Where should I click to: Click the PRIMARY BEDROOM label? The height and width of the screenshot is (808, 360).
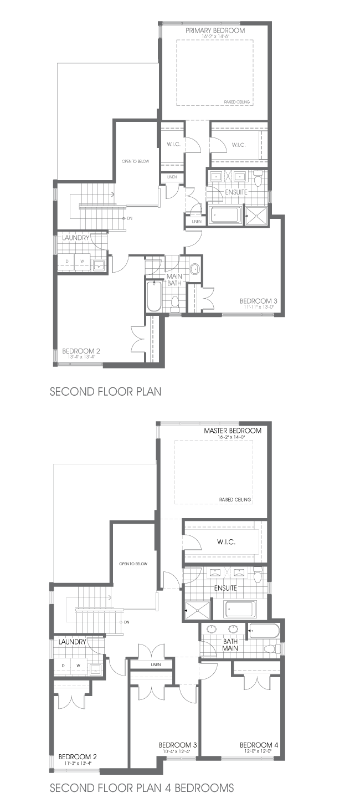coord(215,30)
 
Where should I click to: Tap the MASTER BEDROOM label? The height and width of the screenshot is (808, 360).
coord(233,431)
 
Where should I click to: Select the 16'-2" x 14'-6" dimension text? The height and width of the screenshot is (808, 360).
coord(215,37)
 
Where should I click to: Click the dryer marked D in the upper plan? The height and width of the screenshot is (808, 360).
coord(66,261)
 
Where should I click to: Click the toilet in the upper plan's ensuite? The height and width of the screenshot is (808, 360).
coord(258,179)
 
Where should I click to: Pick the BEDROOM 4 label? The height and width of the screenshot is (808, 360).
coord(259,745)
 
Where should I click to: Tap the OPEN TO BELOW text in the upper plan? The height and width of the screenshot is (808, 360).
coord(136,161)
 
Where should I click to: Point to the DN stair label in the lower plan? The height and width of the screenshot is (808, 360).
coord(126,622)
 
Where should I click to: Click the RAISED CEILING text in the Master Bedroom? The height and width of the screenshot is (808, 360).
coord(235,499)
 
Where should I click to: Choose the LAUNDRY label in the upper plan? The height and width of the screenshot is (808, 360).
coord(76,238)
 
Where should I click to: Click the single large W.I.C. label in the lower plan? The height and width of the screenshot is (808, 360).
coord(227,542)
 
